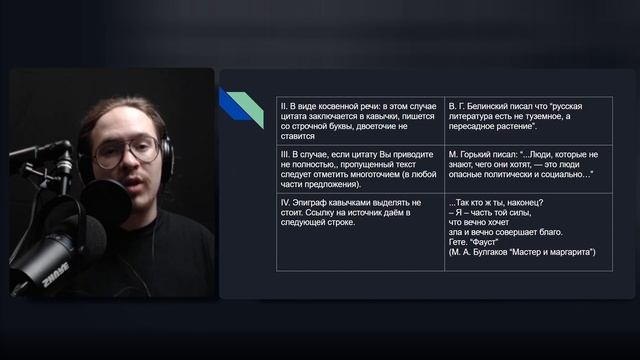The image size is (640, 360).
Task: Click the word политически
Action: coord(526,174)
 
